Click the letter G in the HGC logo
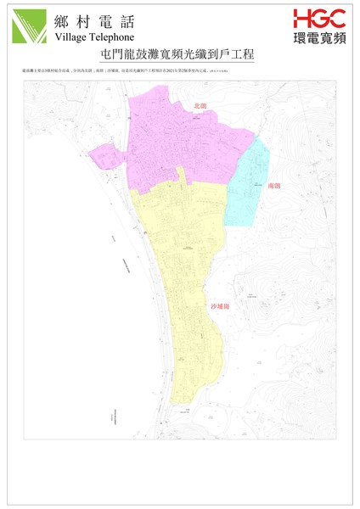pos(318,18)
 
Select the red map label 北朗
pos(200,105)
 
